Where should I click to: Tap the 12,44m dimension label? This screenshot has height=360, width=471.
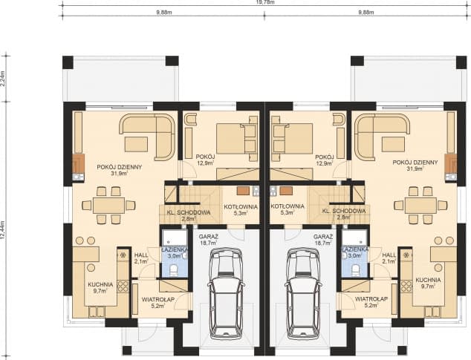coord(3,230)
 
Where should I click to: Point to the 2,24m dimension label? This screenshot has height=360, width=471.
coord(3,79)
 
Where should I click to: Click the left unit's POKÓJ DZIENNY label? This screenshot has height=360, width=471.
coord(120,167)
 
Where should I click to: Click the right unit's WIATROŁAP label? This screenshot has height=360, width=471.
coord(371,299)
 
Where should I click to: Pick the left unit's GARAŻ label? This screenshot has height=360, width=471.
coord(208,236)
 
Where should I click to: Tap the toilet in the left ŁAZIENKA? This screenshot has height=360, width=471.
coord(174,270)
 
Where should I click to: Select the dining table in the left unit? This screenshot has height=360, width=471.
coord(108,206)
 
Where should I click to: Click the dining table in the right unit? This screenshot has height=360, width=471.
coord(420,206)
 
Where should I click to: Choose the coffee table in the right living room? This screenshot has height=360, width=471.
coord(394,144)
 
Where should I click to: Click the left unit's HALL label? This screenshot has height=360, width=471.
coord(141,255)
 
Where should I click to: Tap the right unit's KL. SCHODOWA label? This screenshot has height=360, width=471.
coord(344,211)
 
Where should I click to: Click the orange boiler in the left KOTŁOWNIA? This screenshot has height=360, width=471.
coord(243,191)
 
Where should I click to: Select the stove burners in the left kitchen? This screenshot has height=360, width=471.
coord(123,286)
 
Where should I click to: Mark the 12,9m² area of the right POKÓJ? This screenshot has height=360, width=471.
coord(325,163)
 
